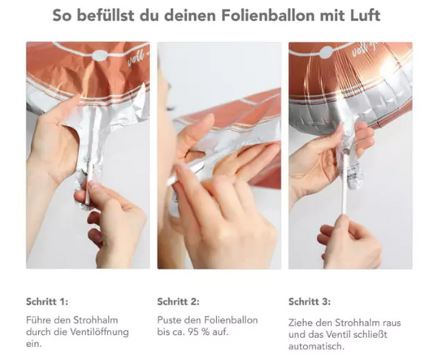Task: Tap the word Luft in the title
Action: pos(366,15)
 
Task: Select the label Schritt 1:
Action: pos(47,301)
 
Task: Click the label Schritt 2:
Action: pos(178,301)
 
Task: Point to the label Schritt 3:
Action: pos(310,301)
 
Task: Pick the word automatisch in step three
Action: pos(316,346)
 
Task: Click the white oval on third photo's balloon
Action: pos(327,53)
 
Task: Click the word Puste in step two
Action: pos(169,320)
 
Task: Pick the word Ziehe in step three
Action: pos(300,323)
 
